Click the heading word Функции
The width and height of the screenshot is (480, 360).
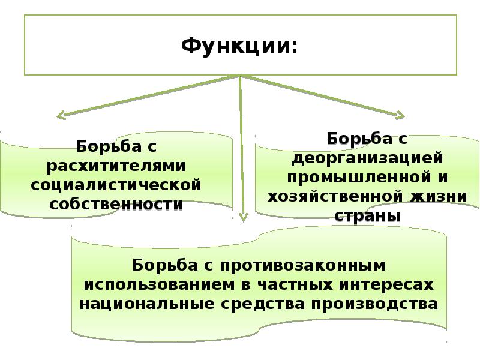(236, 47)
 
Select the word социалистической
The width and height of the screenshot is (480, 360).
(116, 185)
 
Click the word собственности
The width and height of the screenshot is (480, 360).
(116, 204)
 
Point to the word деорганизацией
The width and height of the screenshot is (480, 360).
(367, 158)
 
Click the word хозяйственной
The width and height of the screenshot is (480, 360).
(335, 197)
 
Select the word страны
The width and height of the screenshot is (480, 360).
(367, 216)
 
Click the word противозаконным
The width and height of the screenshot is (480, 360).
(303, 265)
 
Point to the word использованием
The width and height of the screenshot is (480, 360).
(159, 284)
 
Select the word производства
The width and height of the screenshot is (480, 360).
(374, 304)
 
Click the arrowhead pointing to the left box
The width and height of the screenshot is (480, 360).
(58, 116)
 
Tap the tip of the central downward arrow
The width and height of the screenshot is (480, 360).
(244, 221)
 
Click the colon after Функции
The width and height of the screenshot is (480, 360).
(295, 48)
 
